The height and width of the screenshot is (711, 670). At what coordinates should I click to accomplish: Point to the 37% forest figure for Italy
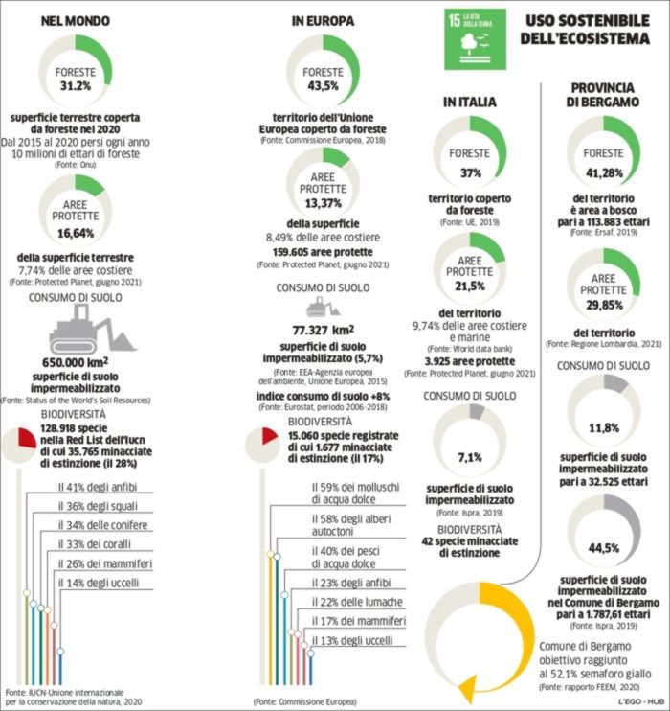coord(469,173)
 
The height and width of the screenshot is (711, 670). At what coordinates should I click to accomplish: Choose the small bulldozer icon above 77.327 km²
coord(322,307)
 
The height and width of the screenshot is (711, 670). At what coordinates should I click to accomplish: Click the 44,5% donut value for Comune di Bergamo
coord(603,546)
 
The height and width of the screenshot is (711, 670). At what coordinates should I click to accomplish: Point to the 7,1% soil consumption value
coord(469,457)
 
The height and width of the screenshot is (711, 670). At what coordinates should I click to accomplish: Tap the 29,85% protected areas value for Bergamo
coord(603,304)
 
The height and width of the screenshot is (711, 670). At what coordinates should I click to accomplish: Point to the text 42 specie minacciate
coord(469,541)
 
